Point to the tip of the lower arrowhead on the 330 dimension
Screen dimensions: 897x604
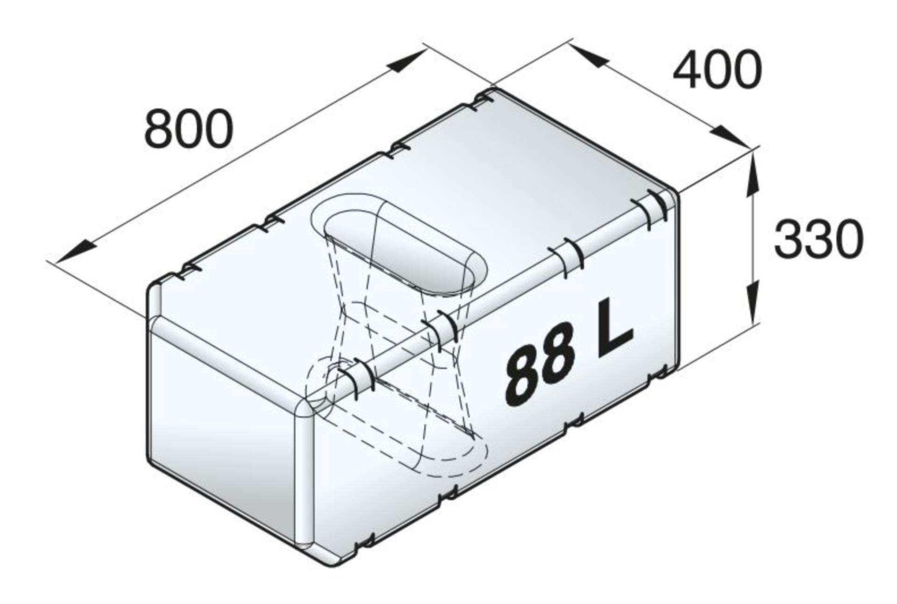[753, 322]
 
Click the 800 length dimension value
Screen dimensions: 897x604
[189, 128]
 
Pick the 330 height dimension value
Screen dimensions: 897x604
[819, 240]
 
